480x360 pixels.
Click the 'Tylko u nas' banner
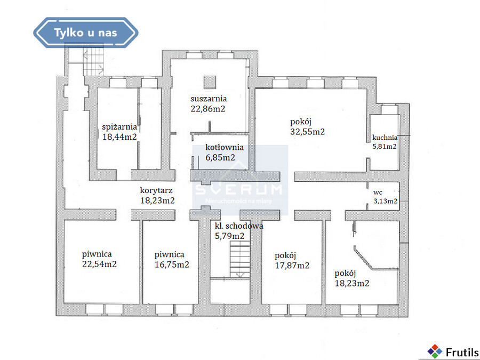click(x=86, y=33)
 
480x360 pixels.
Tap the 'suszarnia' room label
click(x=209, y=99)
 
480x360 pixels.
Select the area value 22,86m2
click(x=208, y=109)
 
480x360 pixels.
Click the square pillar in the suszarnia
click(x=210, y=82)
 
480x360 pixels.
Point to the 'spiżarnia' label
click(x=119, y=127)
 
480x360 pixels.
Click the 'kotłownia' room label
click(x=225, y=147)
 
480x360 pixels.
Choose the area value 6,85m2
click(x=220, y=157)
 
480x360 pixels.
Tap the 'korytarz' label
click(x=156, y=190)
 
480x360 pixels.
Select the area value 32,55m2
click(x=307, y=132)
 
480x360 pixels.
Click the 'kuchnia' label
click(x=385, y=138)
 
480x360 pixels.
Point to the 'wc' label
click(x=378, y=193)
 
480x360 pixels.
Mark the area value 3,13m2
click(x=385, y=201)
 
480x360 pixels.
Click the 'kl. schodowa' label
click(x=239, y=226)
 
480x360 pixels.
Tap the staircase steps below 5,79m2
click(x=240, y=259)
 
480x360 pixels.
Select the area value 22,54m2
click(x=100, y=264)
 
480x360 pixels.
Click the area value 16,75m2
click(x=172, y=265)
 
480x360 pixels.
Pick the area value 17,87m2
click(x=292, y=266)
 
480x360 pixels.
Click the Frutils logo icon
click(x=435, y=351)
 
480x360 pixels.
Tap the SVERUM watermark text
click(x=238, y=190)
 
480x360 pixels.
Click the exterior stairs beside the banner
click(x=93, y=62)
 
